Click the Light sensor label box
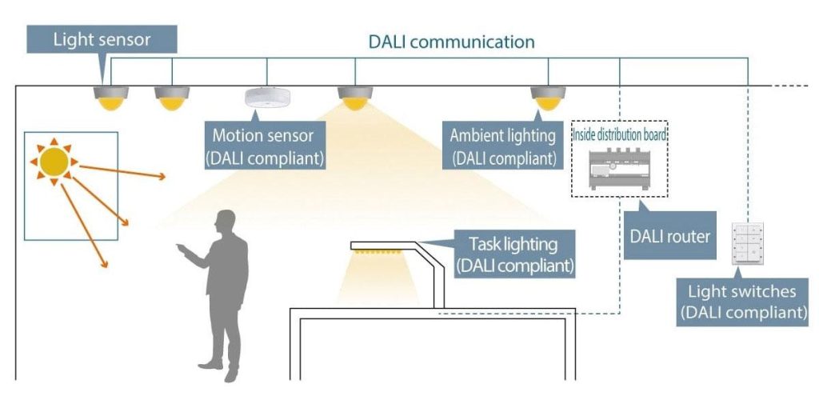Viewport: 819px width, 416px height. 102,39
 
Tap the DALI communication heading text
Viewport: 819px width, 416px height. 451,42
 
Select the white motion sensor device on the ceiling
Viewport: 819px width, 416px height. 266,97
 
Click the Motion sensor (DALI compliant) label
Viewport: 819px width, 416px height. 265,146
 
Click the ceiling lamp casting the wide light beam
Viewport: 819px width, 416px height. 355,98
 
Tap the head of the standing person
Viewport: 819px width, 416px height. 226,222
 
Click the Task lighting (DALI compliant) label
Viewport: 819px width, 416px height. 514,254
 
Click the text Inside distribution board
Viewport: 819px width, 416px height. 620,133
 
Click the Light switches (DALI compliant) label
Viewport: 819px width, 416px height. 742,301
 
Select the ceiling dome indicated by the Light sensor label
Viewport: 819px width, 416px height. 110,98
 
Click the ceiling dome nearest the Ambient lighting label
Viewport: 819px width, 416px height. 548,98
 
